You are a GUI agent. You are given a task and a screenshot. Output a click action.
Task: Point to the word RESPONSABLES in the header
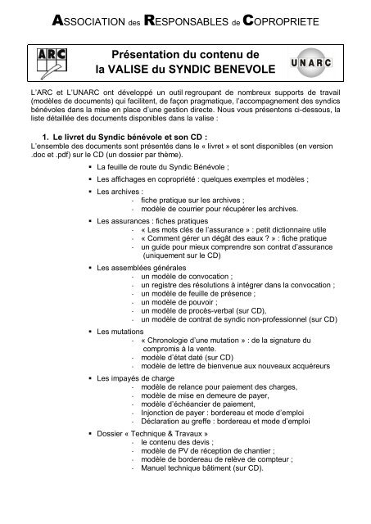183,17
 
